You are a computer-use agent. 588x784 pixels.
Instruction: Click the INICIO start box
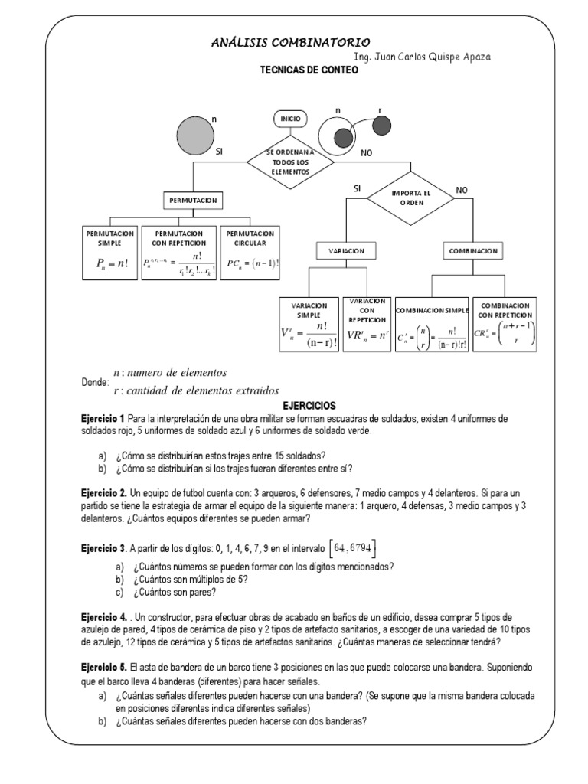click(x=291, y=119)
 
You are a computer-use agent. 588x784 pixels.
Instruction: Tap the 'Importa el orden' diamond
click(x=411, y=197)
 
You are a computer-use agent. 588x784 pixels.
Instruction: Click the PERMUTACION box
click(x=192, y=201)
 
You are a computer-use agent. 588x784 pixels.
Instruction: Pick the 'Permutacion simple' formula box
click(x=109, y=253)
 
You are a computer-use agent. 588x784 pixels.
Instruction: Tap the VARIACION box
click(x=346, y=250)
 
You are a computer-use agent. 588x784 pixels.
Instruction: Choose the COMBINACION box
click(x=474, y=250)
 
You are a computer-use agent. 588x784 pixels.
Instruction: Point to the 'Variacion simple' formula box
click(x=309, y=324)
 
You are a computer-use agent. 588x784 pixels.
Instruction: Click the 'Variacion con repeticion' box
click(x=367, y=324)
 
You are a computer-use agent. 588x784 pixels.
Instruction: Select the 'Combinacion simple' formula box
click(x=431, y=324)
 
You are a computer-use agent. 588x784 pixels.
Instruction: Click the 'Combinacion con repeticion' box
click(x=505, y=324)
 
